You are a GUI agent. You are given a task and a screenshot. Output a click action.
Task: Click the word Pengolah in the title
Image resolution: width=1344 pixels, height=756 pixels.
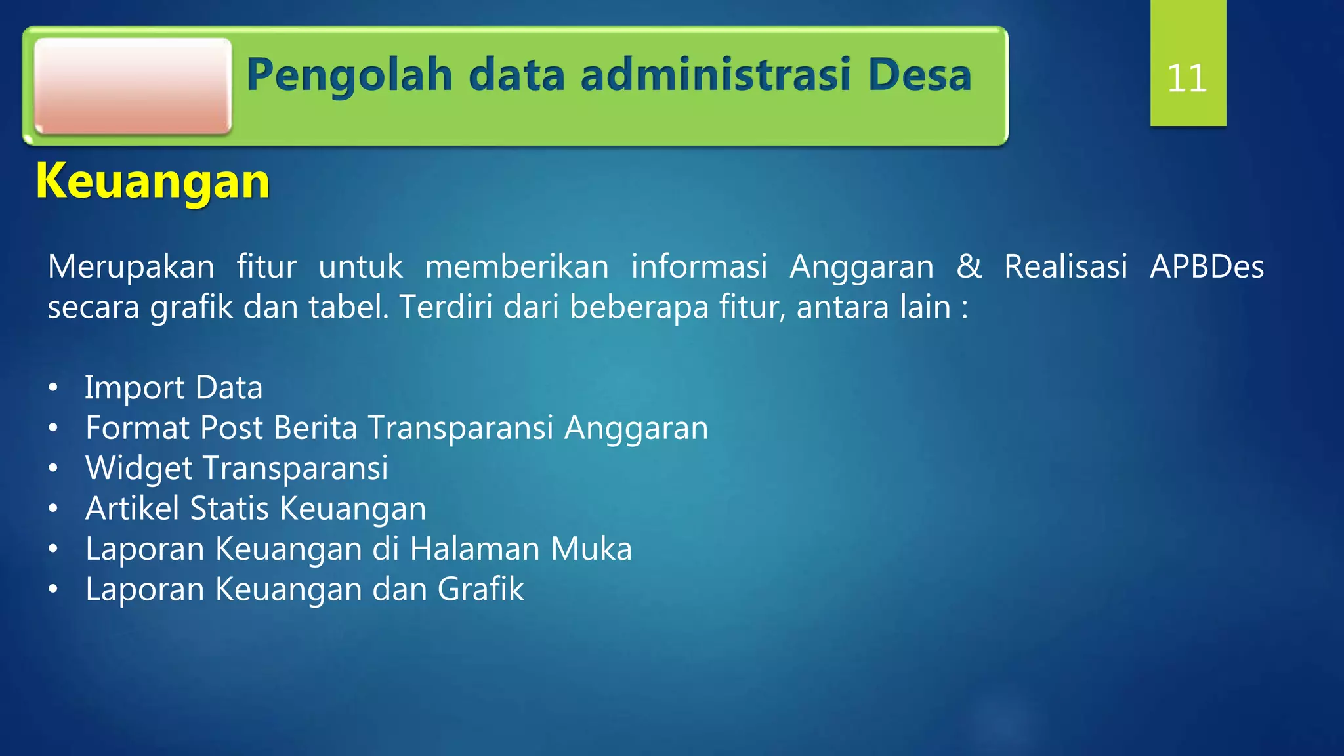point(349,75)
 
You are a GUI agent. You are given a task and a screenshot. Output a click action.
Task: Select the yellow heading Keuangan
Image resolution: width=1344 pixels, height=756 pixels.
point(153,181)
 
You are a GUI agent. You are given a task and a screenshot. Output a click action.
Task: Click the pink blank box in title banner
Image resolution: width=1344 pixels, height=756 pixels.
point(133,86)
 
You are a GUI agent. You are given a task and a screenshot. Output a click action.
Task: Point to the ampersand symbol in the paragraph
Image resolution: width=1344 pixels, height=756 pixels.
point(969,266)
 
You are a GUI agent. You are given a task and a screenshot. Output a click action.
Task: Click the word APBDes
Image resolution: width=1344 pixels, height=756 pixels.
point(1206,266)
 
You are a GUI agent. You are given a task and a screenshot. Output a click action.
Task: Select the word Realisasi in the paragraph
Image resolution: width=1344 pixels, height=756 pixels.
point(1066,266)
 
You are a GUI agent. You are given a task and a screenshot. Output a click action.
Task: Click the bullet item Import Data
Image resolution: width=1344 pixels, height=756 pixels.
point(173,387)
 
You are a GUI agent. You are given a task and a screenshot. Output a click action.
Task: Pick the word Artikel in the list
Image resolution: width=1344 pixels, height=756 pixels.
point(132,509)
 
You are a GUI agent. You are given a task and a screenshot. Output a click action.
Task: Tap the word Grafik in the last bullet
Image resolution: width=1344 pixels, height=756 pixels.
point(480,589)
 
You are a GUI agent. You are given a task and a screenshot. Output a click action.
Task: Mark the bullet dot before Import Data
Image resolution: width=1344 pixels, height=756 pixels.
point(53,388)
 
